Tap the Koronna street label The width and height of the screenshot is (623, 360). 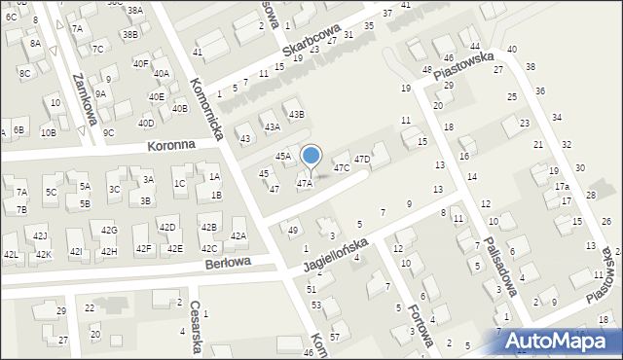pos(172,145)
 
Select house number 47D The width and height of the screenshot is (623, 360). pos(362,159)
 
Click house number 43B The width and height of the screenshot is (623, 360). pos(295,115)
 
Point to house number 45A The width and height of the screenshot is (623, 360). pos(282,156)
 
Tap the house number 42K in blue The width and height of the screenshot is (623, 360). pos(43,254)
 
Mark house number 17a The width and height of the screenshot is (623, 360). pos(562,186)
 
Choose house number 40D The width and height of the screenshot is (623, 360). pos(146,124)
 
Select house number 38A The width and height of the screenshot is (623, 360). pos(134,10)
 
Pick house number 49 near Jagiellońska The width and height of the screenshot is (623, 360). pos(293,230)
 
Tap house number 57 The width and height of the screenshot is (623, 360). pos(335,336)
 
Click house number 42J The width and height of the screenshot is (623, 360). pos(40,235)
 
